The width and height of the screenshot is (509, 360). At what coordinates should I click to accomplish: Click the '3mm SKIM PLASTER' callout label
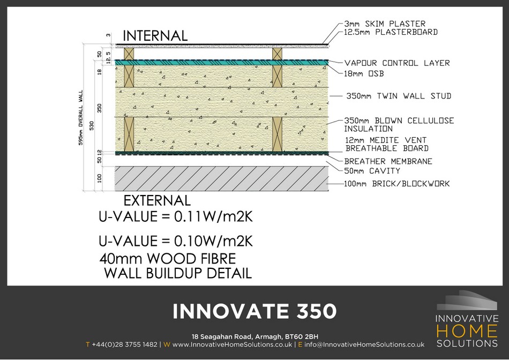tap(385, 24)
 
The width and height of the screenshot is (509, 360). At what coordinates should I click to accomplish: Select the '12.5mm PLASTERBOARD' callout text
tap(391, 32)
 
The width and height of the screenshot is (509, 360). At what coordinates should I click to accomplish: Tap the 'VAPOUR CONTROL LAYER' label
tap(397, 63)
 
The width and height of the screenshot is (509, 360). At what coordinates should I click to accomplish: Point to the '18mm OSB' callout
tap(364, 74)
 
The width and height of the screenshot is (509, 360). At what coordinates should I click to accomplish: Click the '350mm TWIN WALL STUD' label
tap(399, 96)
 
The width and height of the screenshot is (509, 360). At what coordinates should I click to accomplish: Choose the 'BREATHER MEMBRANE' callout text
tap(388, 161)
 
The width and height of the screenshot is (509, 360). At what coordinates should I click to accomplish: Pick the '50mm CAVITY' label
tap(372, 171)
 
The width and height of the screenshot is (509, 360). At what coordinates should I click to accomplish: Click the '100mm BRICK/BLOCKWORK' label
tap(396, 184)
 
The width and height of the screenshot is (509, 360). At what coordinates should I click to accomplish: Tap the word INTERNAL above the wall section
tap(155, 36)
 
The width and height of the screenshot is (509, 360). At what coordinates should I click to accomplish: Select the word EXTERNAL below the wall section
tap(157, 200)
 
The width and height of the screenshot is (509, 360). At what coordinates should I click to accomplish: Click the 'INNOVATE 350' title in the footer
tap(254, 311)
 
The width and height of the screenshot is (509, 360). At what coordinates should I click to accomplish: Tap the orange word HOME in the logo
tap(467, 331)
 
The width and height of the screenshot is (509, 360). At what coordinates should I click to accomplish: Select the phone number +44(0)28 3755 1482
tap(125, 344)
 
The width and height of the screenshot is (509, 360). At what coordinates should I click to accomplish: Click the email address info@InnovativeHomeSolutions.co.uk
tap(364, 344)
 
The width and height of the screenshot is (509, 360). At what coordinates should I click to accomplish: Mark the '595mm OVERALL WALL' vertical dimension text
tap(81, 117)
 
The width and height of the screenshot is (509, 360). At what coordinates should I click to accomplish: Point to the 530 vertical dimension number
tap(92, 126)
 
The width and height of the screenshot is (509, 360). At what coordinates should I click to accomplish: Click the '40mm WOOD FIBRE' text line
tap(168, 259)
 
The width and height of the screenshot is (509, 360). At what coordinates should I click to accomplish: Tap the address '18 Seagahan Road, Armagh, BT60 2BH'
tap(255, 336)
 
